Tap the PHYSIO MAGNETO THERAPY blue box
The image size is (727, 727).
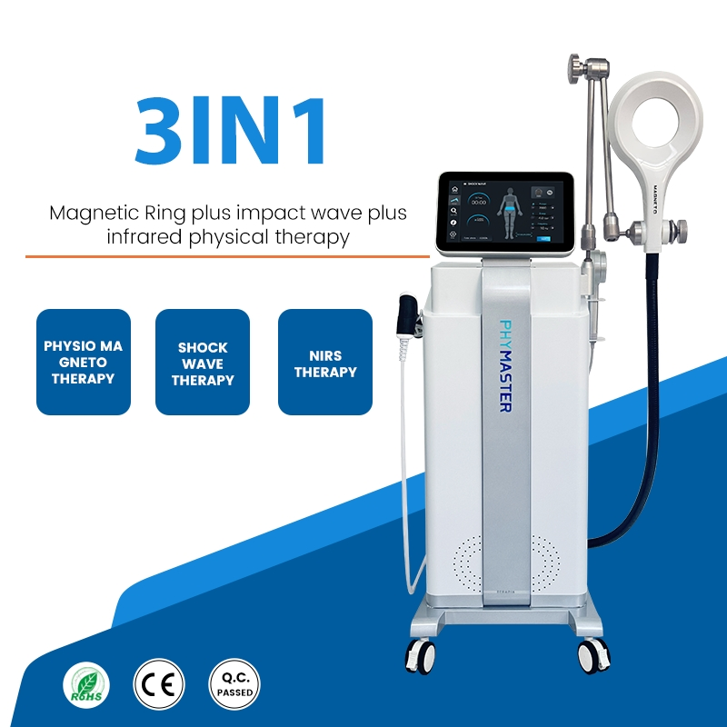pyautogui.click(x=84, y=363)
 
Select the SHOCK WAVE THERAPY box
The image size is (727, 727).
pyautogui.click(x=203, y=363)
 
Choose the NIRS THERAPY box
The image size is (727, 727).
pyautogui.click(x=325, y=363)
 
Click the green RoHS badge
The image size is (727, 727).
pyautogui.click(x=86, y=683)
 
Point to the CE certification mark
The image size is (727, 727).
pyautogui.click(x=158, y=683)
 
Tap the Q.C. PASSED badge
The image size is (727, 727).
pyautogui.click(x=234, y=683)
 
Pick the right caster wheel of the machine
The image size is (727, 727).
pyautogui.click(x=594, y=653)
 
